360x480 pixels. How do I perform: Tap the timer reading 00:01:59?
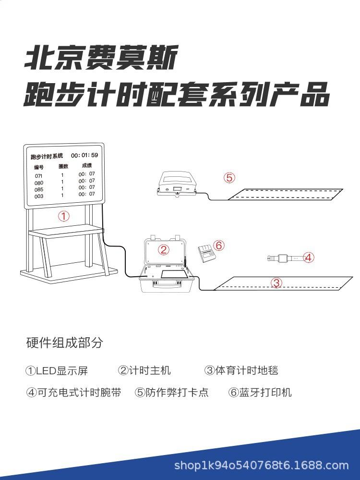click(84, 155)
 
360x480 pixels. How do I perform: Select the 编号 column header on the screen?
click(39, 168)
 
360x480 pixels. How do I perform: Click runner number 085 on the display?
click(39, 189)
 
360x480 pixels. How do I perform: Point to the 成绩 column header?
click(86, 165)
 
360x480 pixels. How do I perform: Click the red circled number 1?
click(64, 216)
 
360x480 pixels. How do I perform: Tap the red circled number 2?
click(164, 249)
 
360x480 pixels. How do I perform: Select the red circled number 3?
click(276, 283)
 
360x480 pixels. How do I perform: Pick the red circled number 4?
click(309, 258)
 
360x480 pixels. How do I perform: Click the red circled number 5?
click(229, 178)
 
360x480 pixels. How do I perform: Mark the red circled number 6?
click(219, 246)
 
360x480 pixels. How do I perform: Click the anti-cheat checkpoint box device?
click(177, 185)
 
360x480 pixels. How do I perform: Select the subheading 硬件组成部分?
click(64, 343)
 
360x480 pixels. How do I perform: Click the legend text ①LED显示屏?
click(57, 371)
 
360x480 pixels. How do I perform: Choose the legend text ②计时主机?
click(144, 370)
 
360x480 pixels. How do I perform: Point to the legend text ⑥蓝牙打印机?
click(260, 393)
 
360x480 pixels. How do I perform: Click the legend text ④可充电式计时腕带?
click(73, 393)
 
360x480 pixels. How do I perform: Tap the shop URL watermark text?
click(261, 465)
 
